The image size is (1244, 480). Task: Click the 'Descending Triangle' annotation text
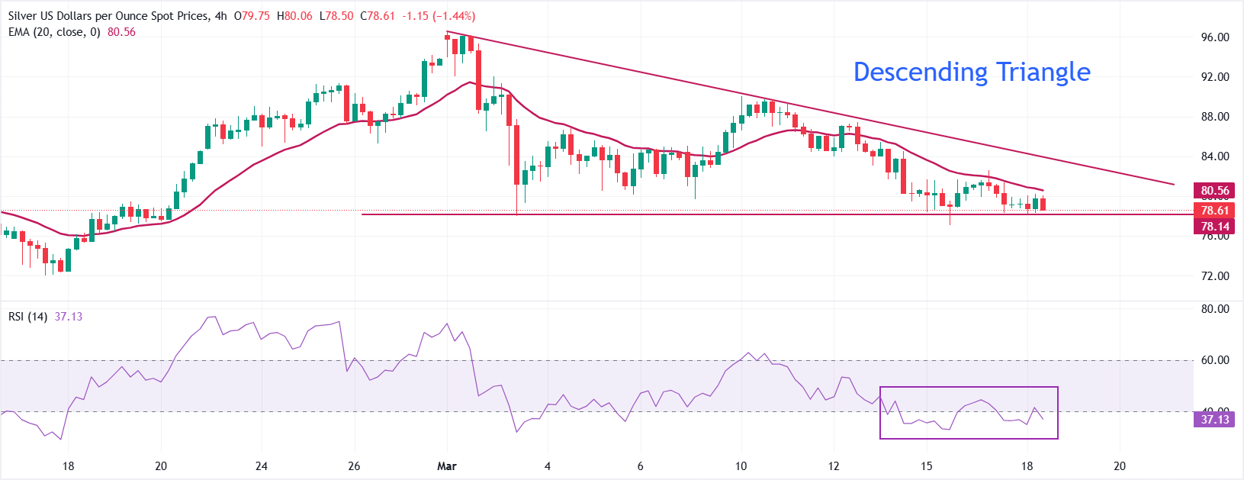971,72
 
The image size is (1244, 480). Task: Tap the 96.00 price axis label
1214,37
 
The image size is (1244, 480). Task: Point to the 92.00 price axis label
1214,77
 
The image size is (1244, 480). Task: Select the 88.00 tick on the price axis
1214,117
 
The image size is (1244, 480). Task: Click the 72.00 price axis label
1214,276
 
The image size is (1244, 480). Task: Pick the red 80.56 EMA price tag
1214,191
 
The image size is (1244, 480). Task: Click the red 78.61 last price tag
1214,211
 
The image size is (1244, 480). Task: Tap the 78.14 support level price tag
1214,227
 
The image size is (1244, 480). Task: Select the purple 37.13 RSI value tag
1214,420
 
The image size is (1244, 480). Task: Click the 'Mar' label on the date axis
447,466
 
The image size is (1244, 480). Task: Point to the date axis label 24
262,466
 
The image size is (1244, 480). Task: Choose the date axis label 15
926,466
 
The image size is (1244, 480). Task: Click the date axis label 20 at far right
1120,466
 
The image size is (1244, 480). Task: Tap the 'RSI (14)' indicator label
28,317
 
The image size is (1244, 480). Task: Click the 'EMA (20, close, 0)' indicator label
54,32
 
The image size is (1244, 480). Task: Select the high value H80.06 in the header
294,16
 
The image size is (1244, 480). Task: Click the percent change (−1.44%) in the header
453,16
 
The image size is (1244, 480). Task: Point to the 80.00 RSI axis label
1214,309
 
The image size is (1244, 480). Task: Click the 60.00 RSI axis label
1214,360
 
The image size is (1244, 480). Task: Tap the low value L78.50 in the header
336,16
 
